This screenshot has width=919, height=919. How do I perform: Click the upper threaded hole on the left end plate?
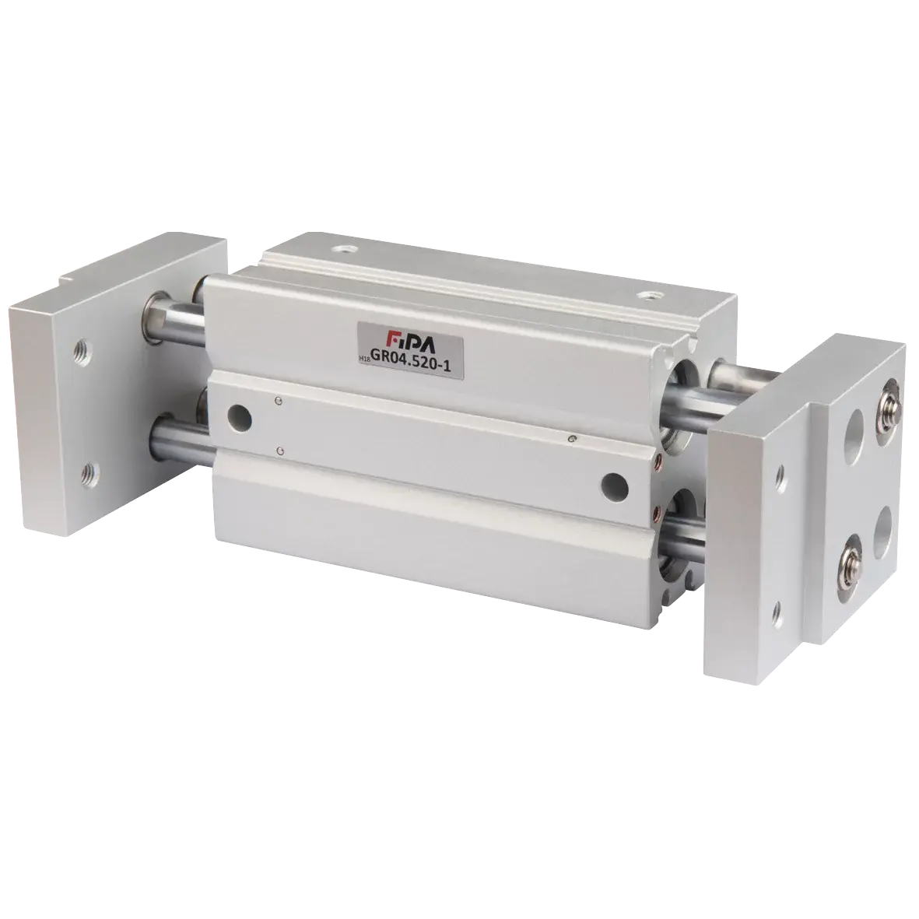pyautogui.click(x=82, y=353)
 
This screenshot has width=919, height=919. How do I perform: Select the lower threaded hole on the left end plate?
pyautogui.click(x=89, y=471)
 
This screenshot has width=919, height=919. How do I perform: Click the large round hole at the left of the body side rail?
pyautogui.click(x=240, y=419)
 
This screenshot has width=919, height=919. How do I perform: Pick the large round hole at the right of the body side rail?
pyautogui.click(x=615, y=486)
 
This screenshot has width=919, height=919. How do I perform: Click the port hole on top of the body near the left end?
pyautogui.click(x=344, y=249)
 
